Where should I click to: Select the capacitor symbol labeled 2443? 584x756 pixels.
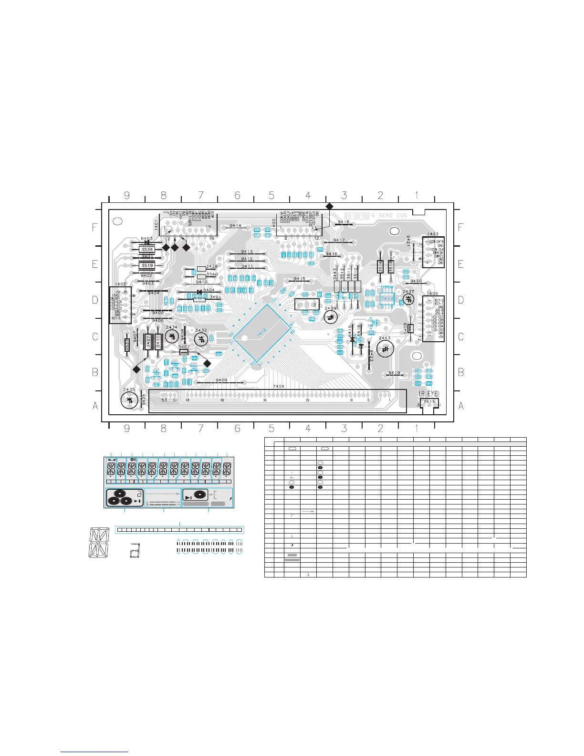tap(385, 349)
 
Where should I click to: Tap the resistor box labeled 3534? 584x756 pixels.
tap(147, 249)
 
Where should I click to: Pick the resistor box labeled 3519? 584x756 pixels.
tap(147, 266)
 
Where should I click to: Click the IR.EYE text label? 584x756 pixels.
tap(428, 394)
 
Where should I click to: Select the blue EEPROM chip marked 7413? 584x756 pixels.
tap(387, 298)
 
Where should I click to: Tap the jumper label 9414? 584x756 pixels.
tap(235, 225)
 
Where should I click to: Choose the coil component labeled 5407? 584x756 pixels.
tap(184, 352)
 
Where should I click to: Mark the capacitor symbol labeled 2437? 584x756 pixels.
tap(408, 299)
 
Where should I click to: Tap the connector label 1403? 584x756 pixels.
tap(433, 234)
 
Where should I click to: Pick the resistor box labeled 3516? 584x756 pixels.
tap(381, 266)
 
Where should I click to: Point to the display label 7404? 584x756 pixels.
tap(278, 386)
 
